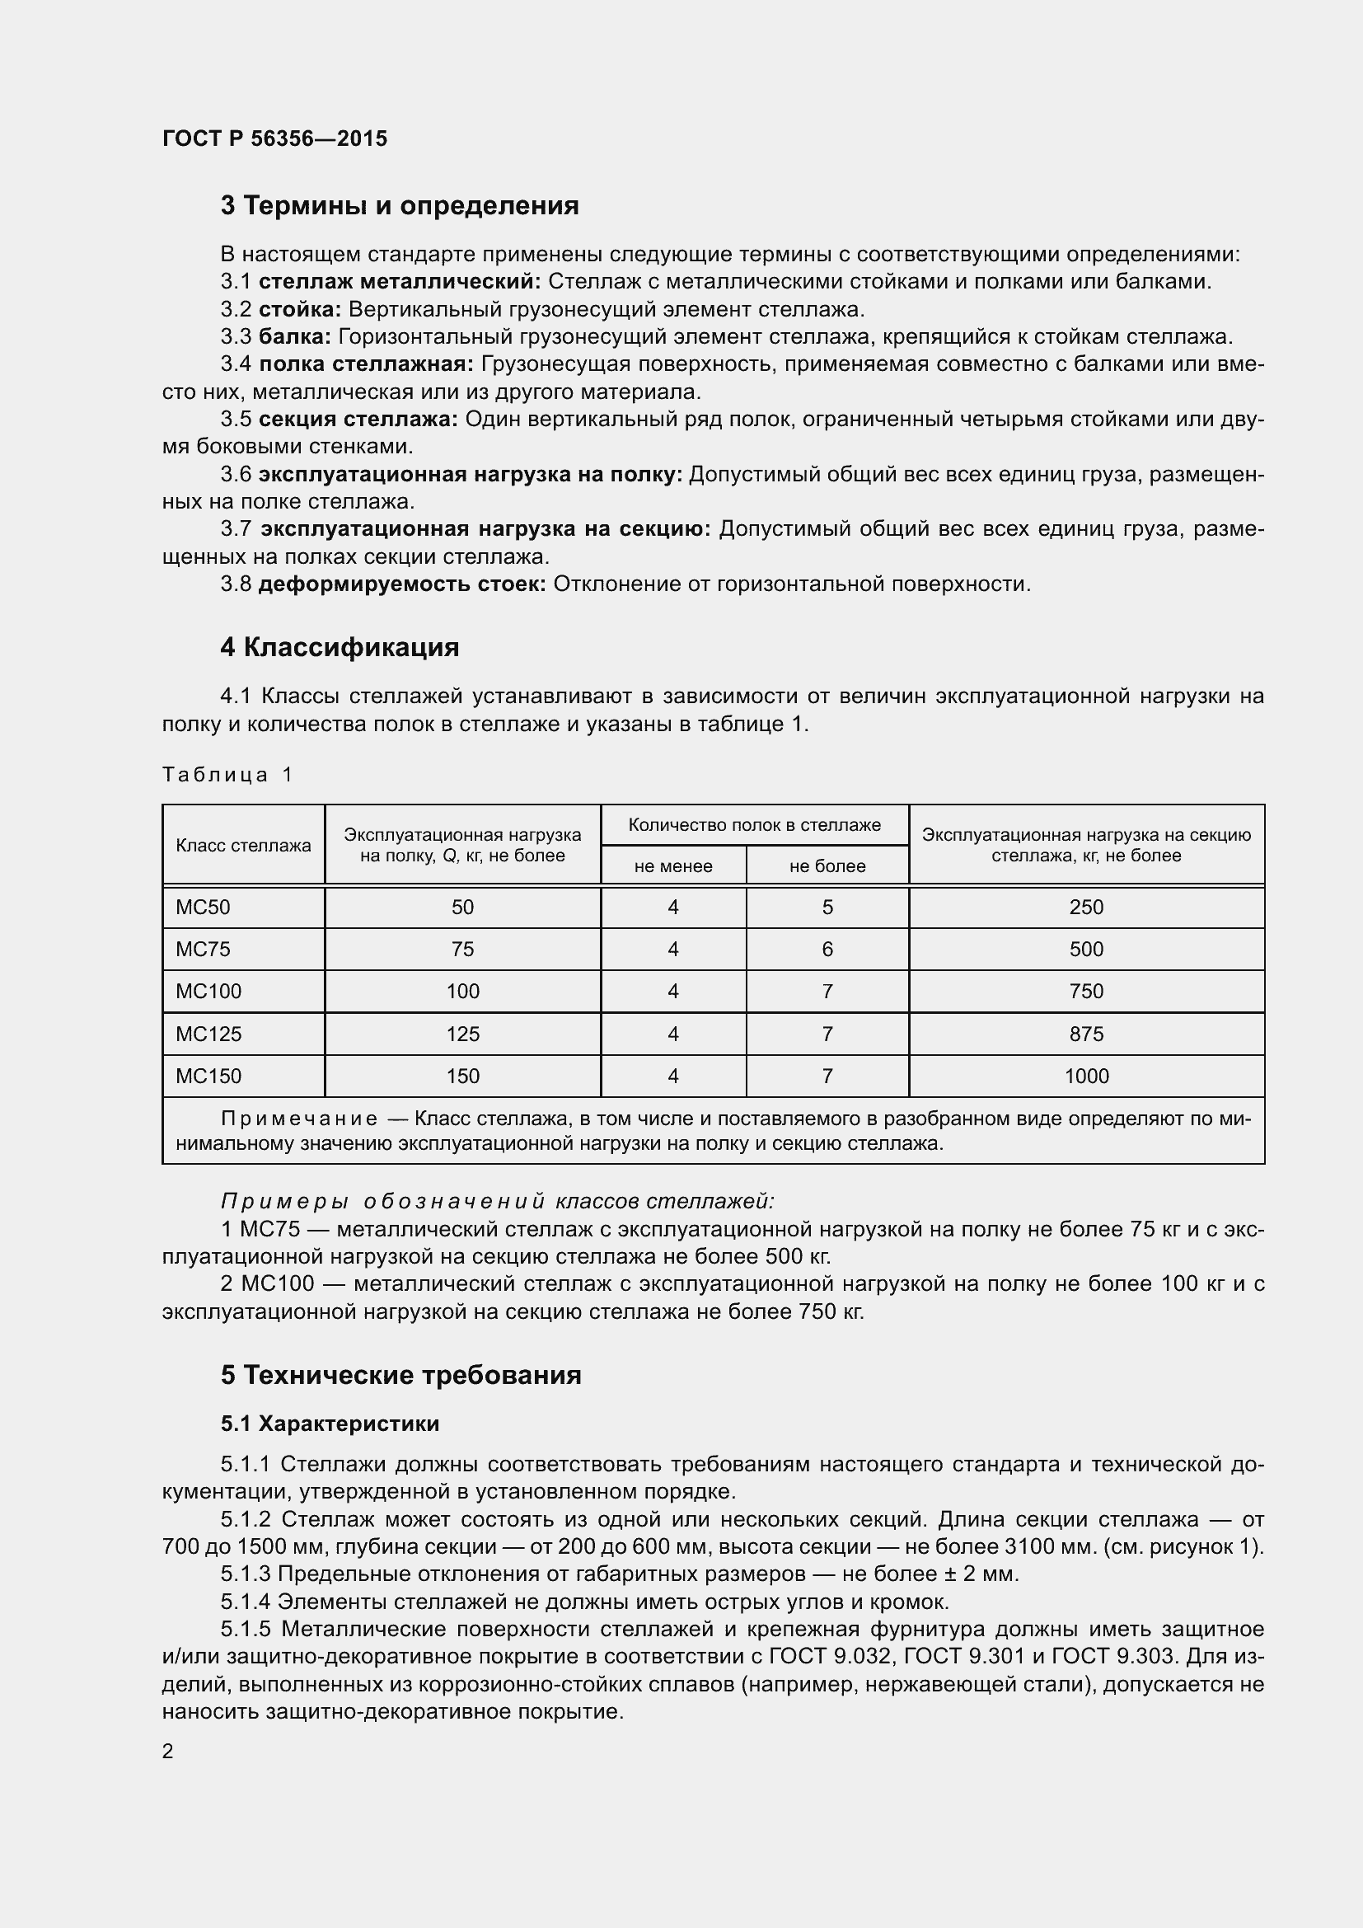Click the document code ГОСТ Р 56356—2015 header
pyautogui.click(x=274, y=138)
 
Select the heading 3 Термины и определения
pyautogui.click(x=400, y=206)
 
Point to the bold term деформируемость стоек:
pyautogui.click(x=402, y=584)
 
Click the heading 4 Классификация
pyautogui.click(x=340, y=647)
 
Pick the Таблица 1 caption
pyautogui.click(x=227, y=774)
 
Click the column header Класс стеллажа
pyautogui.click(x=243, y=846)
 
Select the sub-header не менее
pyautogui.click(x=673, y=865)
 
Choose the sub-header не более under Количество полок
pyautogui.click(x=827, y=865)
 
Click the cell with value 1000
pyautogui.click(x=1086, y=1076)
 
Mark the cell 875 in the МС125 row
pyautogui.click(x=1086, y=1034)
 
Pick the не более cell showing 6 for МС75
pyautogui.click(x=827, y=949)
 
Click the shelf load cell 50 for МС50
pyautogui.click(x=462, y=907)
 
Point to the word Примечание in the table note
pyautogui.click(x=298, y=1119)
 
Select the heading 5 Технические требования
pyautogui.click(x=401, y=1376)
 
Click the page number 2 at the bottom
pyautogui.click(x=168, y=1751)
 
